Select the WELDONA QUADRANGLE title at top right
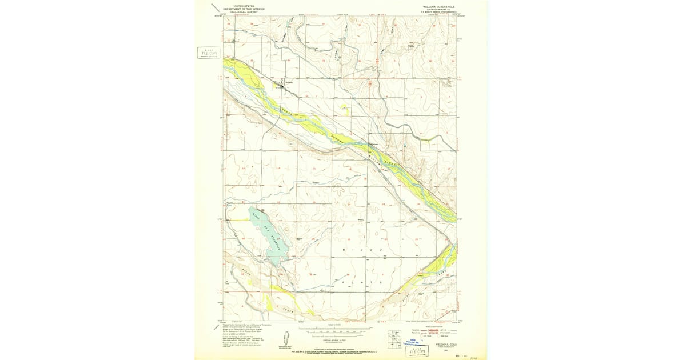[438, 5]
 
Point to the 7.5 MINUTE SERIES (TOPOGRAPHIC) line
[438, 11]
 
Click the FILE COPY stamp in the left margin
[209, 53]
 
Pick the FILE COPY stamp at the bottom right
[419, 351]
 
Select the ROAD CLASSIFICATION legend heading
[437, 326]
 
